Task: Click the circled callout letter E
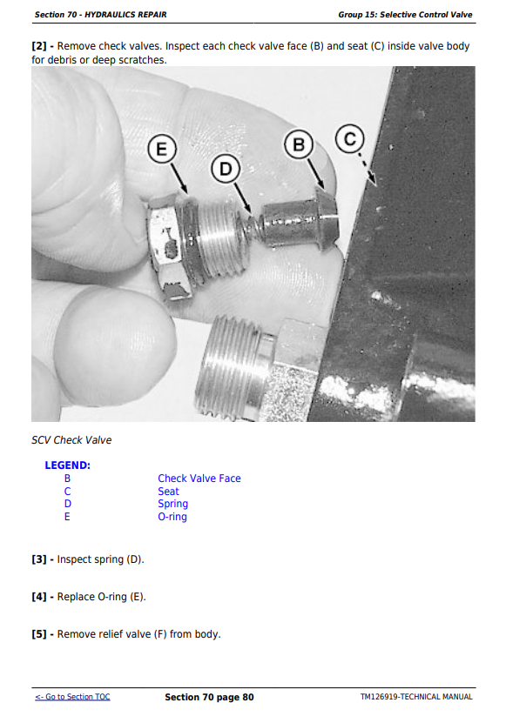pyautogui.click(x=162, y=150)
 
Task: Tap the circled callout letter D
pyautogui.click(x=226, y=169)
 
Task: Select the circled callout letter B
pyautogui.click(x=299, y=144)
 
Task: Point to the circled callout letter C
pyautogui.click(x=350, y=138)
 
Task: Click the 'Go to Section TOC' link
pyautogui.click(x=72, y=697)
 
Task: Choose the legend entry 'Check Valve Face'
pyautogui.click(x=199, y=478)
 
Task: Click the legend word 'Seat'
pyautogui.click(x=168, y=492)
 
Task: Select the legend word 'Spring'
pyautogui.click(x=172, y=504)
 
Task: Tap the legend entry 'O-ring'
pyautogui.click(x=172, y=517)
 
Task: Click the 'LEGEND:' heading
pyautogui.click(x=68, y=465)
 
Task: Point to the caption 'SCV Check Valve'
pyautogui.click(x=71, y=440)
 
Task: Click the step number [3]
pyautogui.click(x=39, y=559)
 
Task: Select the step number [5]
pyautogui.click(x=39, y=634)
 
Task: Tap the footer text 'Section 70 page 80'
pyautogui.click(x=209, y=697)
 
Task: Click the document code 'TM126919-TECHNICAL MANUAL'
pyautogui.click(x=416, y=697)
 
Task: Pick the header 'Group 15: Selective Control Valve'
pyautogui.click(x=405, y=15)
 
